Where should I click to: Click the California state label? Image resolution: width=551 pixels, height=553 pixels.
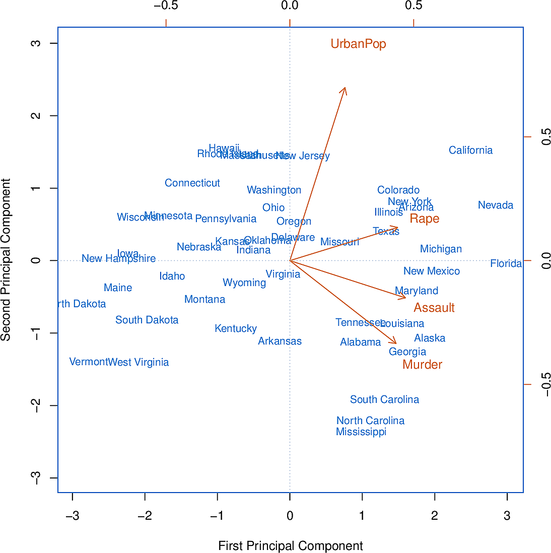point(470,150)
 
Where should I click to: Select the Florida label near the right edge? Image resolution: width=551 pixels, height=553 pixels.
point(506,263)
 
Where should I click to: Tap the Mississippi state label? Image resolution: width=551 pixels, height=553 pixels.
point(361,432)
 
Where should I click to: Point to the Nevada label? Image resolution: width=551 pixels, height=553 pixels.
point(496,205)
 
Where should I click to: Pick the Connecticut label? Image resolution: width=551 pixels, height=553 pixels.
point(192,183)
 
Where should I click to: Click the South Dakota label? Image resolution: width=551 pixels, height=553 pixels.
point(147,320)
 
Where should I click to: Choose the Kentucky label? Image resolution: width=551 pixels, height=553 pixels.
point(236,328)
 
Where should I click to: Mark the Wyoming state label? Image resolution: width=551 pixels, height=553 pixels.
point(244,283)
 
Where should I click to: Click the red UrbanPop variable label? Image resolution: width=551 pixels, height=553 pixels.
point(358,44)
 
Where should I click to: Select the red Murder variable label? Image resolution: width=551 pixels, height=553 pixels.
point(422,365)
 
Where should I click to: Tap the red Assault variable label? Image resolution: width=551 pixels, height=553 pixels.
point(434,308)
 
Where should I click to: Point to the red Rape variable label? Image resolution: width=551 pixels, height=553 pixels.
point(424,219)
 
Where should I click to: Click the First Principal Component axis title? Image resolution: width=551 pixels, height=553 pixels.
point(291,546)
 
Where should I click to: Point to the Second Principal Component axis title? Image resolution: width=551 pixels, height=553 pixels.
point(6,260)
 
